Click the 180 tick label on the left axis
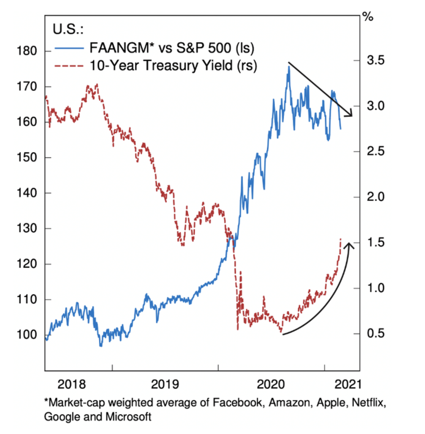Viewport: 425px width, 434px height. pos(27,51)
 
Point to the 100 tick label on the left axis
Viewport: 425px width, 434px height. pos(27,335)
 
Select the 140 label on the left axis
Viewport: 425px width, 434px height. pos(27,193)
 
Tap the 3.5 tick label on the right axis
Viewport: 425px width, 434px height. pos(375,60)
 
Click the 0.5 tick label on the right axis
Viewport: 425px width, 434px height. pos(375,334)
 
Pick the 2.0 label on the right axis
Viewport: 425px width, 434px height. pos(375,197)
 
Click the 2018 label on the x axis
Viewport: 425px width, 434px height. pos(72,384)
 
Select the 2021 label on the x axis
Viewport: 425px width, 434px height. pos(348,384)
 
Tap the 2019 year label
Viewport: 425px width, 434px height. pos(165,384)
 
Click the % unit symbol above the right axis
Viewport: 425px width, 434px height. pos(368,17)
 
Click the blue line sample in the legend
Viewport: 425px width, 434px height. pos(69,48)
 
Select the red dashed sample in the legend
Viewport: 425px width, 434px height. pos(69,66)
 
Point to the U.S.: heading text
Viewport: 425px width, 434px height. pos(68,29)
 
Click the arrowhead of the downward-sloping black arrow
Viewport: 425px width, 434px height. pos(350,115)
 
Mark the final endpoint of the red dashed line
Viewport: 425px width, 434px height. pos(340,239)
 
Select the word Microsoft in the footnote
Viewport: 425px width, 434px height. pos(129,417)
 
